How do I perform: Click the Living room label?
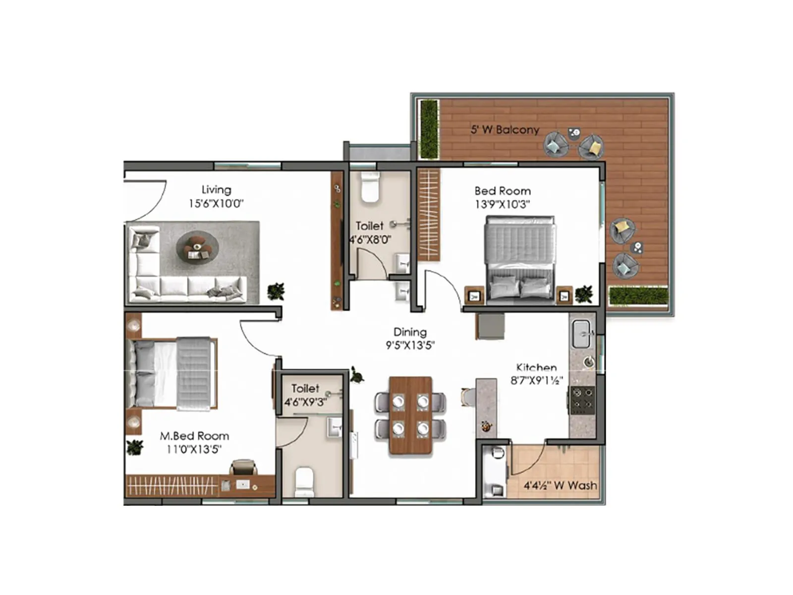point(216,190)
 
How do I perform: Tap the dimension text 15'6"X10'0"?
point(216,203)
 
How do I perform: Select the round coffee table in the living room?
point(197,247)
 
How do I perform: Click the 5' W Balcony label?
point(505,130)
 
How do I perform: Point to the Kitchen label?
point(536,367)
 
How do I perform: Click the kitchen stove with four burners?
point(582,400)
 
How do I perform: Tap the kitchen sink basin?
point(581,334)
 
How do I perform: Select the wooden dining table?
point(410,416)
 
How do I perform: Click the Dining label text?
point(410,332)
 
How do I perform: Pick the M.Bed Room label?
point(194,436)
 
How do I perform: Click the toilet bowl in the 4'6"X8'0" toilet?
point(370,187)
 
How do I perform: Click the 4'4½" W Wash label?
point(560,485)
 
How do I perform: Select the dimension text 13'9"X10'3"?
point(503,204)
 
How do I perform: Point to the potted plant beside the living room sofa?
point(276,291)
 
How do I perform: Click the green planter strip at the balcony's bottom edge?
point(638,296)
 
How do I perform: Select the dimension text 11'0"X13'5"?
point(194,450)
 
